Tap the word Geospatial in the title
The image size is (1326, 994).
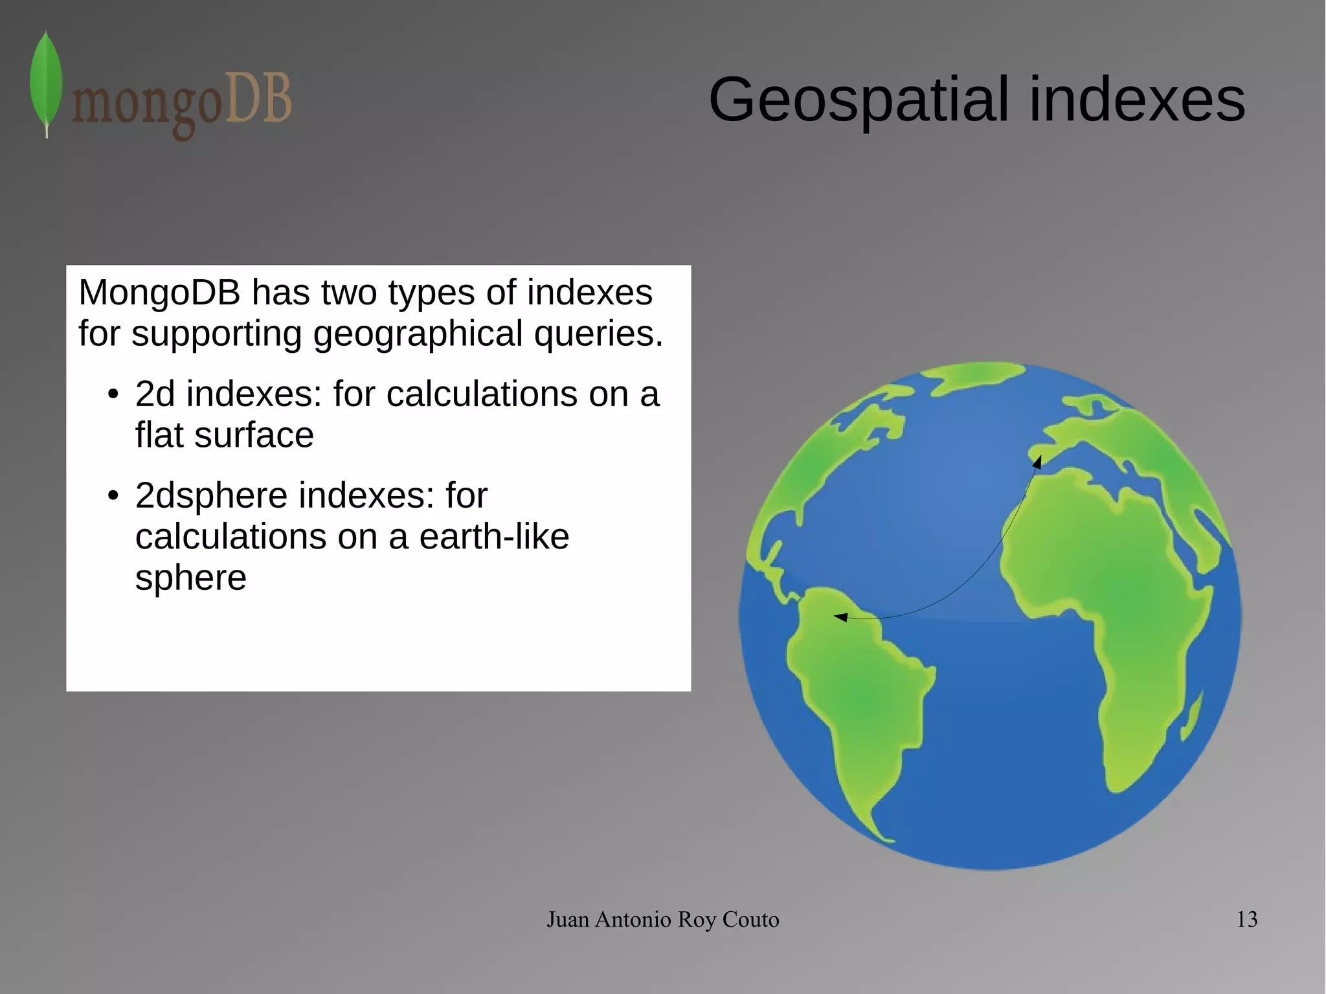859,100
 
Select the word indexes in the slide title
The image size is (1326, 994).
1136,100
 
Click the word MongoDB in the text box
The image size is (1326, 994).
159,293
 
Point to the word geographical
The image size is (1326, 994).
418,334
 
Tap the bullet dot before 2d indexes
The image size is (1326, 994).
113,394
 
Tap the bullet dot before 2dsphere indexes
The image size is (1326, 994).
113,496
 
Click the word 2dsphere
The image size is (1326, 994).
211,496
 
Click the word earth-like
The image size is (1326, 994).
494,537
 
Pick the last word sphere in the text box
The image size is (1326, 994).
190,578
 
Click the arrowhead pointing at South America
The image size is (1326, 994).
840,617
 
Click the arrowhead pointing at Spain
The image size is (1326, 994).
1037,461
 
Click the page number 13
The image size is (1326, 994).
1246,920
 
